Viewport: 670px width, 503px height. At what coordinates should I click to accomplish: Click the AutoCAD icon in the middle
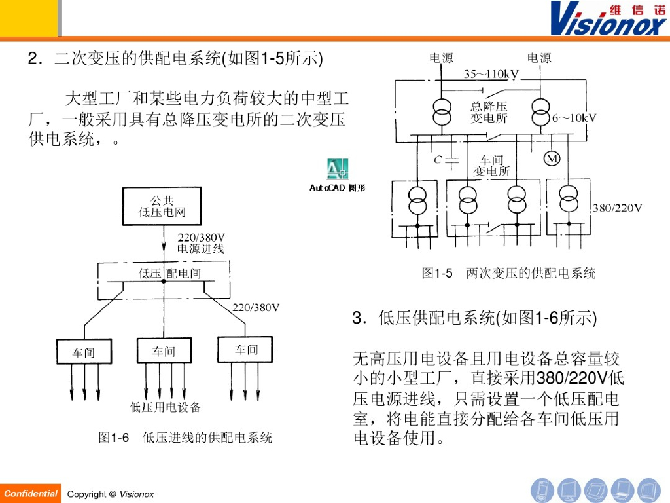[338, 169]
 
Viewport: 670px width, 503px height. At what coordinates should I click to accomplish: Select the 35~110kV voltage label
[491, 74]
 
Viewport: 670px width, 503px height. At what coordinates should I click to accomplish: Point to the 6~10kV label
[574, 118]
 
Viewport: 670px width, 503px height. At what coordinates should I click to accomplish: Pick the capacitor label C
[439, 159]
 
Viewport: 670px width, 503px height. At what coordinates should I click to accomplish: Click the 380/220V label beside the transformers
[617, 208]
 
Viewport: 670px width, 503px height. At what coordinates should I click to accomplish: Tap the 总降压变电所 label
[489, 112]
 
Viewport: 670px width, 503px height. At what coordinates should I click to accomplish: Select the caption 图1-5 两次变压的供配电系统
[508, 273]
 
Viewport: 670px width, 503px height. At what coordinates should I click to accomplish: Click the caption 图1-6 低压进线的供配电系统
[185, 438]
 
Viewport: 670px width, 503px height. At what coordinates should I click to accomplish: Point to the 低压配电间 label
[170, 273]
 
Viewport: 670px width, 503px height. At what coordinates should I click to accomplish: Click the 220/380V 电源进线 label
[201, 243]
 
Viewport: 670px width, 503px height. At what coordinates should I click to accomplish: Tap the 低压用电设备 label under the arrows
[166, 407]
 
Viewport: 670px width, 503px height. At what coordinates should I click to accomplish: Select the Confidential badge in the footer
[30, 493]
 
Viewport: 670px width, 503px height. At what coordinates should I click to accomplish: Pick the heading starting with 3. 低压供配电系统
[474, 319]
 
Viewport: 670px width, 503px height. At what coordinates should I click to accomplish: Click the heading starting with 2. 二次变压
[175, 60]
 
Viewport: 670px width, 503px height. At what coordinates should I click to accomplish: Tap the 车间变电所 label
[492, 166]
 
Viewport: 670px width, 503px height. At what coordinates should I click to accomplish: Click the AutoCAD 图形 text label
[338, 188]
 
